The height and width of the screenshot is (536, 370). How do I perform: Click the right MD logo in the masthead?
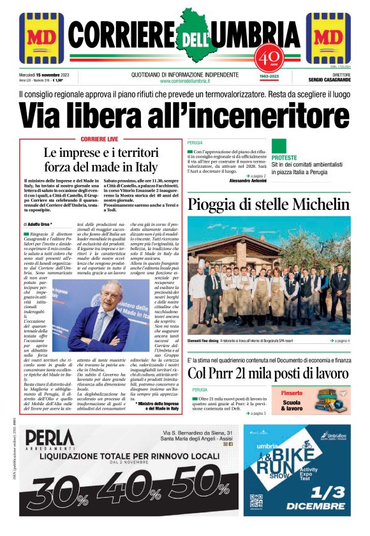329,38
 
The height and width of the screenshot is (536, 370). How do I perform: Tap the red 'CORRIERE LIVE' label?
100,138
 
